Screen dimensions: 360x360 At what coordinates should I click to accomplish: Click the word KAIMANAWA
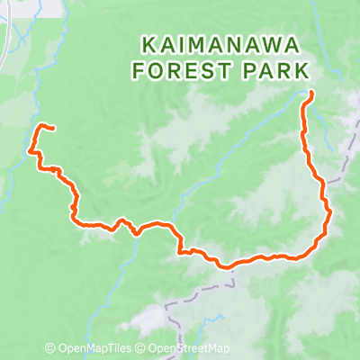coord(225,43)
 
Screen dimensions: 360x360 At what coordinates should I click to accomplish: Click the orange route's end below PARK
coord(310,94)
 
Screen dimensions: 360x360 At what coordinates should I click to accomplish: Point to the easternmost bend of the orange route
coord(330,212)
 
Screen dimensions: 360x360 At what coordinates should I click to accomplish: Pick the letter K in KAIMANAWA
coord(148,43)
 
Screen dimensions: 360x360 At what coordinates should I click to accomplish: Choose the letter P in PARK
coord(253,69)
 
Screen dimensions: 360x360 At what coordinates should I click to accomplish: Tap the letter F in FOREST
coord(140,69)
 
